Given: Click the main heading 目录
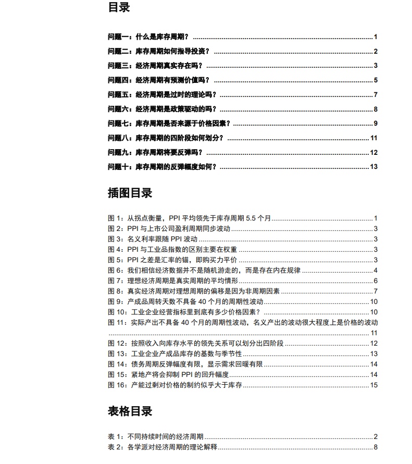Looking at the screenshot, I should pyautogui.click(x=119, y=8).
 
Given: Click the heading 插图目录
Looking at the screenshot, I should pyautogui.click(x=130, y=193).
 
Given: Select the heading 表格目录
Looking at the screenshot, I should pyautogui.click(x=130, y=411).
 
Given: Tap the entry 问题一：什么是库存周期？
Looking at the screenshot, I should pyautogui.click(x=148, y=37).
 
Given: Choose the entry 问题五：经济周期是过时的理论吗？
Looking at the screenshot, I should pyautogui.click(x=161, y=94).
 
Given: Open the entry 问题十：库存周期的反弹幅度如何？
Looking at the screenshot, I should pyautogui.click(x=161, y=167).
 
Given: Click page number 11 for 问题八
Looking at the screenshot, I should pyautogui.click(x=373, y=138).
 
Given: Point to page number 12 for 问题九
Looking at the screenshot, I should pyautogui.click(x=373, y=152).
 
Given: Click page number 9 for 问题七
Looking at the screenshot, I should pyautogui.click(x=375, y=124).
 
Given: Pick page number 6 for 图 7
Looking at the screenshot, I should pyautogui.click(x=375, y=281).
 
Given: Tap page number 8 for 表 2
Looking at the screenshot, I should pyautogui.click(x=375, y=447).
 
